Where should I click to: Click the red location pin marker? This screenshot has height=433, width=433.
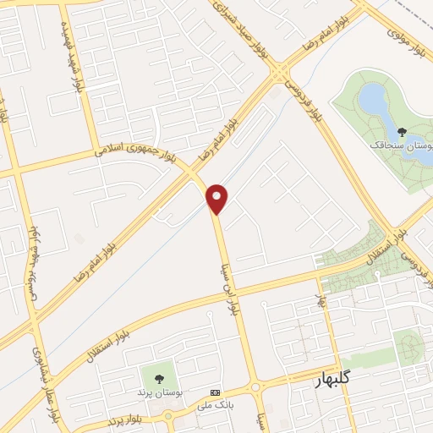(217, 198)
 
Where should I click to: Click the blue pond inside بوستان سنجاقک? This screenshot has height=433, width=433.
(373, 100)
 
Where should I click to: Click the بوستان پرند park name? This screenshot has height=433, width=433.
(158, 393)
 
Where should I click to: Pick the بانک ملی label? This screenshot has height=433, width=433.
(213, 406)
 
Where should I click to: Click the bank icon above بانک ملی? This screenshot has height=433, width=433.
(213, 393)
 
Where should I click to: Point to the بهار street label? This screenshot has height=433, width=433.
(322, 300)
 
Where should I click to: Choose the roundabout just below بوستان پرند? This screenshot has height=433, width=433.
(169, 415)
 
